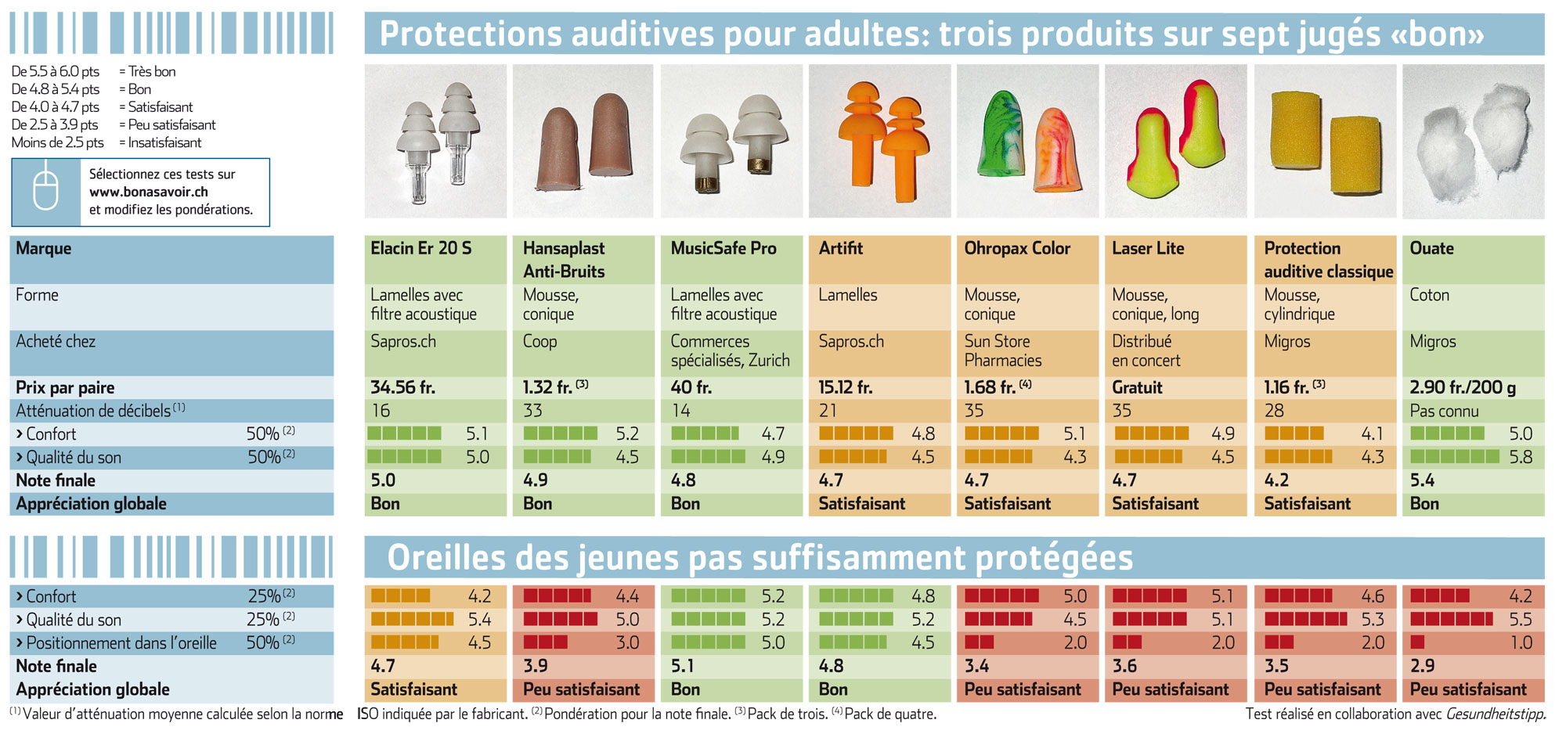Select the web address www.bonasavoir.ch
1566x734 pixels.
(x=149, y=192)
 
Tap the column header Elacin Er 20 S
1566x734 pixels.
(x=421, y=248)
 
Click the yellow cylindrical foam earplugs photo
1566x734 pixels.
(x=1325, y=141)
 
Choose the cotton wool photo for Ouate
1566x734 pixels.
(x=1473, y=141)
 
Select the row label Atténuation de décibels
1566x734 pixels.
(x=93, y=411)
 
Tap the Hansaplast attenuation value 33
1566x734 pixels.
(x=532, y=411)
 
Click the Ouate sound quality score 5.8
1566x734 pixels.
(x=1521, y=457)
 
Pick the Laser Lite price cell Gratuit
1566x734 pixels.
(x=1137, y=387)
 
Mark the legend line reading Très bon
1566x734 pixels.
(x=93, y=71)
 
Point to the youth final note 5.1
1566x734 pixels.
(x=682, y=666)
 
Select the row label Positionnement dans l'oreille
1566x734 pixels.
(x=121, y=643)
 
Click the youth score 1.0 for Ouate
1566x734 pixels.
(x=1521, y=642)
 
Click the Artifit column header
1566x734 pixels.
(x=841, y=248)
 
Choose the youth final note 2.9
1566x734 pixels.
(x=1423, y=666)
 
